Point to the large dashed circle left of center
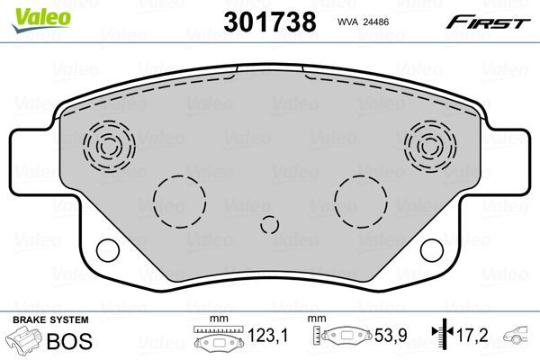[x=178, y=201]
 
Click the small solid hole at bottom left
[x=106, y=250]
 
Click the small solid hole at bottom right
[x=433, y=250]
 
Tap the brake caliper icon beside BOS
[x=24, y=341]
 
